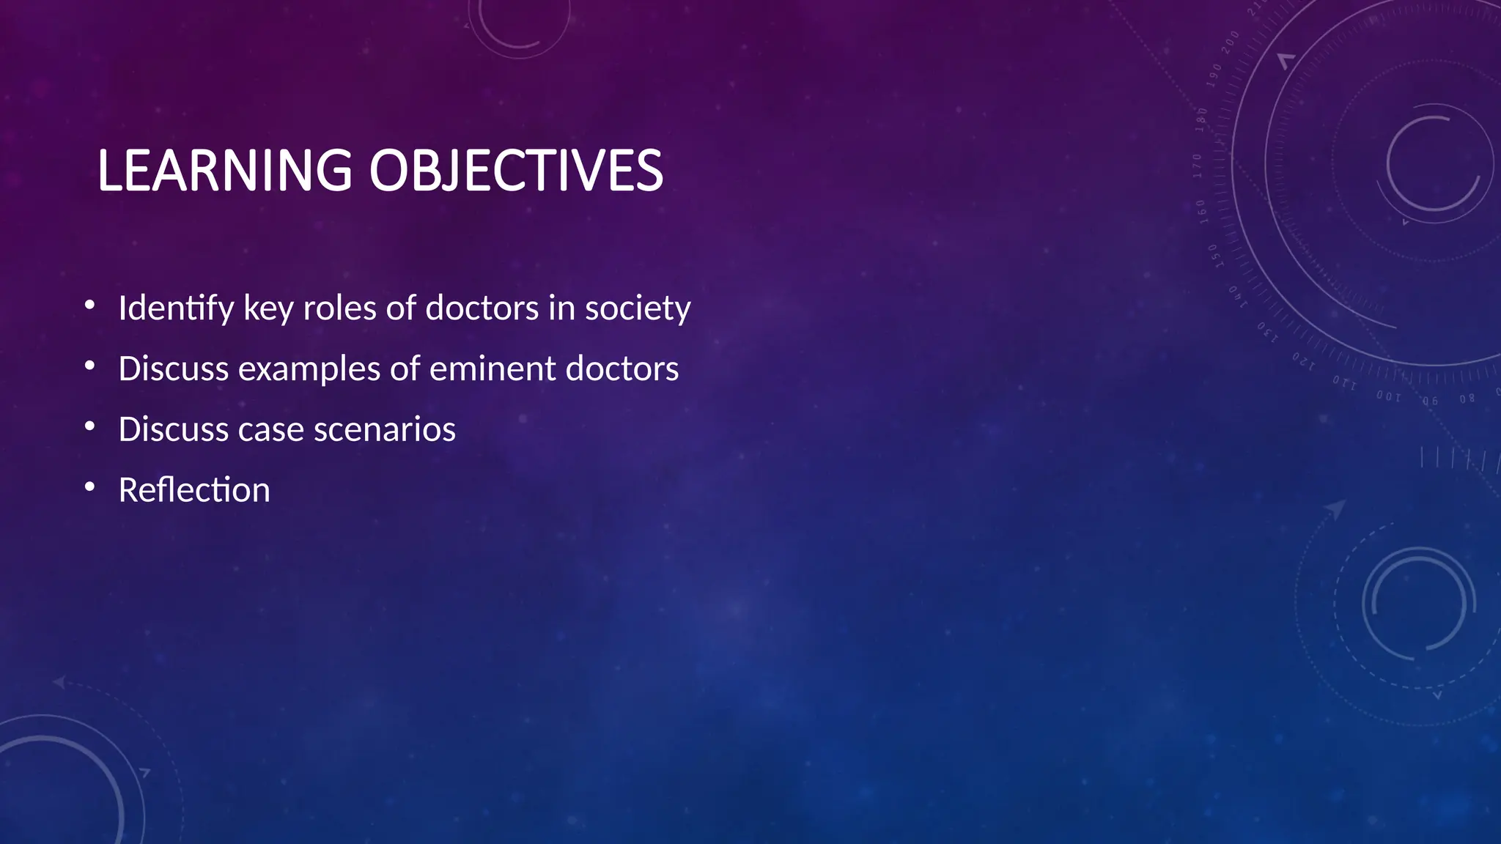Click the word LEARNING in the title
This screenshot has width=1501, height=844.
coord(224,171)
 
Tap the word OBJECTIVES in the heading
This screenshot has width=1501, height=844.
coord(515,171)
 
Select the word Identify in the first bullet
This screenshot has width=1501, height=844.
coord(176,308)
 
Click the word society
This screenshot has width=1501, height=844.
coord(637,308)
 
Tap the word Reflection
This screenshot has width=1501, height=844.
coord(194,489)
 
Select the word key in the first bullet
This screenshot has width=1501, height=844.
coord(268,308)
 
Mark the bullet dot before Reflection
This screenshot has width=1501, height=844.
coord(89,487)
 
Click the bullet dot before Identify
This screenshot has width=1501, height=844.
coord(89,305)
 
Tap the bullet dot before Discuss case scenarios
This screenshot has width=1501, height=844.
coord(89,426)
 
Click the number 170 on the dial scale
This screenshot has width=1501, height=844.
coord(1198,166)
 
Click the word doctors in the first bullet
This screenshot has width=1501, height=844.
coord(482,308)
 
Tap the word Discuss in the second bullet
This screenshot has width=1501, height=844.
coord(173,369)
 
